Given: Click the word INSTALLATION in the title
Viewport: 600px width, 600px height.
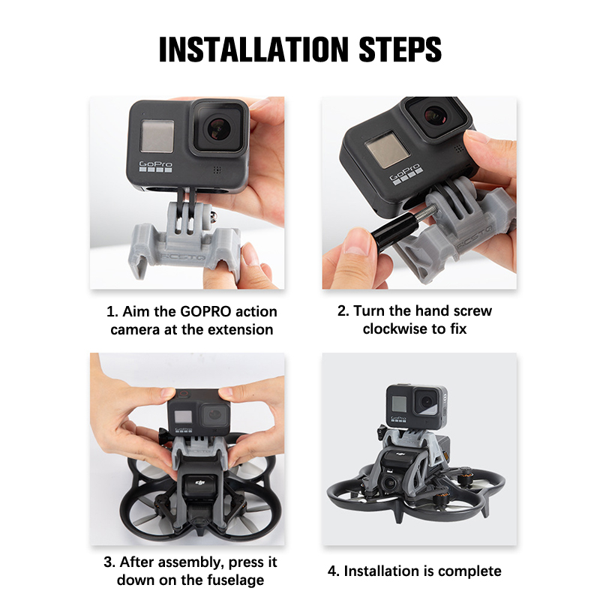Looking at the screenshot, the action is click(253, 49).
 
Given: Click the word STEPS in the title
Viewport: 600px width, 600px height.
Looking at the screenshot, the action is click(400, 49).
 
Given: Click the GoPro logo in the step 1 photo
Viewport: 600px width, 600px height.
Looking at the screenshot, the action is click(155, 166).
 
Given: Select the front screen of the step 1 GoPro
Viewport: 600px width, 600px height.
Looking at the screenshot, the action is click(157, 136).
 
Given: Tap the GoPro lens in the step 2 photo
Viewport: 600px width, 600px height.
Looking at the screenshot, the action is click(436, 114).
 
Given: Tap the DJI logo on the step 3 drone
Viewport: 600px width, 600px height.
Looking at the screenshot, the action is click(200, 484).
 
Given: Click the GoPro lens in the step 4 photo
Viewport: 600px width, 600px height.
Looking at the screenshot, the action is click(426, 402).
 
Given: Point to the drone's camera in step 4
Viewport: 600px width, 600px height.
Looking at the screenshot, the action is click(389, 484).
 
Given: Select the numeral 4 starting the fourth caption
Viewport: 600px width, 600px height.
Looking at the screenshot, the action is click(332, 571).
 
